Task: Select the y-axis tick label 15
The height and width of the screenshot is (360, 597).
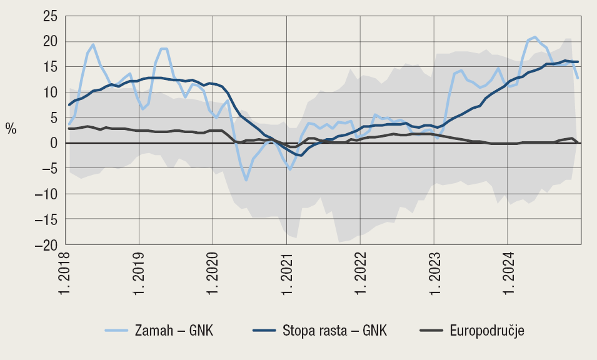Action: coord(49,67)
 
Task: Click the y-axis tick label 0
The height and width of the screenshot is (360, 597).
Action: coord(53,143)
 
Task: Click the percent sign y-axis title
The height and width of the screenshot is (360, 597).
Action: coord(11,129)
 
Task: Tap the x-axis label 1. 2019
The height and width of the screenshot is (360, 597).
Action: coord(139,273)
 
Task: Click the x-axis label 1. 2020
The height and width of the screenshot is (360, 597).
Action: coord(213,273)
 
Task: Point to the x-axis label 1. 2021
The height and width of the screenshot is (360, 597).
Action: coord(287,273)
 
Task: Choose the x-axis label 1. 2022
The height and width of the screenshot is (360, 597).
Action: coord(361,273)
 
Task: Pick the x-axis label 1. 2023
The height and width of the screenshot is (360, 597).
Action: coord(434,273)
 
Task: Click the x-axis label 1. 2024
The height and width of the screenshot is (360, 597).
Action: coord(508,273)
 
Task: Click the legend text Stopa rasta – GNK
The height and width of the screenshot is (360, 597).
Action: coord(335,331)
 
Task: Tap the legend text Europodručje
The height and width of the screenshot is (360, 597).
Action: coord(487,331)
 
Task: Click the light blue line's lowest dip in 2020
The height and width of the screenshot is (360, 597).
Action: coord(247,180)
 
